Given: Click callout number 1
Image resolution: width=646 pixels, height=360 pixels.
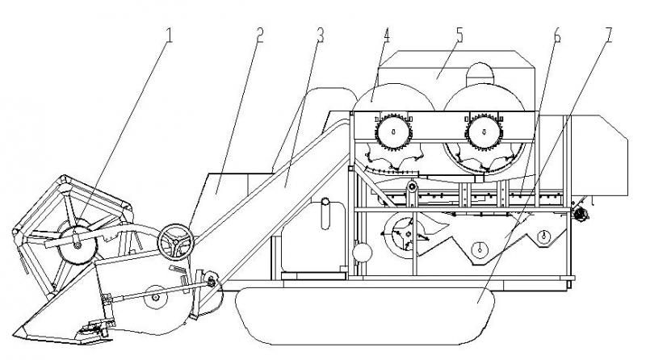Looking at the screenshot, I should (168, 35).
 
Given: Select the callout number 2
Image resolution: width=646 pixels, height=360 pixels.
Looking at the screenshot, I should (260, 36).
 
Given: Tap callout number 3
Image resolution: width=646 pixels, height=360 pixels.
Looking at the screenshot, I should (321, 36).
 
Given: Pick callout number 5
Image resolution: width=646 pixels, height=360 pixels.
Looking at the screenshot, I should (459, 36).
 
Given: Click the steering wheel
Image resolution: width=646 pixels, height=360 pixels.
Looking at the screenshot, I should (175, 241).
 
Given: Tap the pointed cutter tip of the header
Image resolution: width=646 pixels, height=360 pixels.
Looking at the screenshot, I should (24, 329).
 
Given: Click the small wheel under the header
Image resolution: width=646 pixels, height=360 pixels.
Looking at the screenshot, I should (153, 300).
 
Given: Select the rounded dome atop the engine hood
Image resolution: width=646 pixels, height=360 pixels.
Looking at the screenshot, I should (484, 73).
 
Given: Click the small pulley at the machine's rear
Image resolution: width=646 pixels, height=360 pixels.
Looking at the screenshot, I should (580, 212).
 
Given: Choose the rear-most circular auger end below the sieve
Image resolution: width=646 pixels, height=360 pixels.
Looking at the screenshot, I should (545, 237).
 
